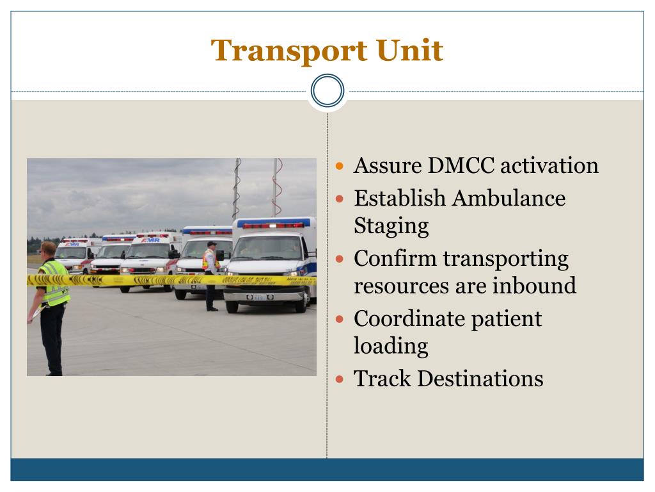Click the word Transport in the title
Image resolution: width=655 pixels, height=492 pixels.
(x=288, y=51)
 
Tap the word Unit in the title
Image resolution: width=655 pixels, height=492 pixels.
(x=409, y=50)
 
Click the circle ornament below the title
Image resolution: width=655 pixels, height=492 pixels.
(x=327, y=90)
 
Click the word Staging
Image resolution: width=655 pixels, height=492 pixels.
(x=391, y=226)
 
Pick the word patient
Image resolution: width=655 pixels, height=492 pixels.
(x=507, y=320)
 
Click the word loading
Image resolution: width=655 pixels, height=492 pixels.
(x=391, y=347)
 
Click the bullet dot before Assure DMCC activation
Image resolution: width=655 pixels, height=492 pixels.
(x=339, y=166)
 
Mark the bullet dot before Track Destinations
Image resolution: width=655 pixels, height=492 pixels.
(x=339, y=379)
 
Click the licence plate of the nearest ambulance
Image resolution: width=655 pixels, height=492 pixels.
(x=260, y=297)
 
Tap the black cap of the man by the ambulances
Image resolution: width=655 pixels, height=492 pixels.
(x=212, y=244)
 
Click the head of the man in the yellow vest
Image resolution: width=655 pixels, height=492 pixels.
(x=49, y=250)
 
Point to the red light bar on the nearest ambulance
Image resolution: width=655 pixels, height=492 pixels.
(x=273, y=225)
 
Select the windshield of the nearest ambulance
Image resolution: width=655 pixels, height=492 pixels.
(x=268, y=248)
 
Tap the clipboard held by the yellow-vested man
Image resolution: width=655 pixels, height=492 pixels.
(x=36, y=313)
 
